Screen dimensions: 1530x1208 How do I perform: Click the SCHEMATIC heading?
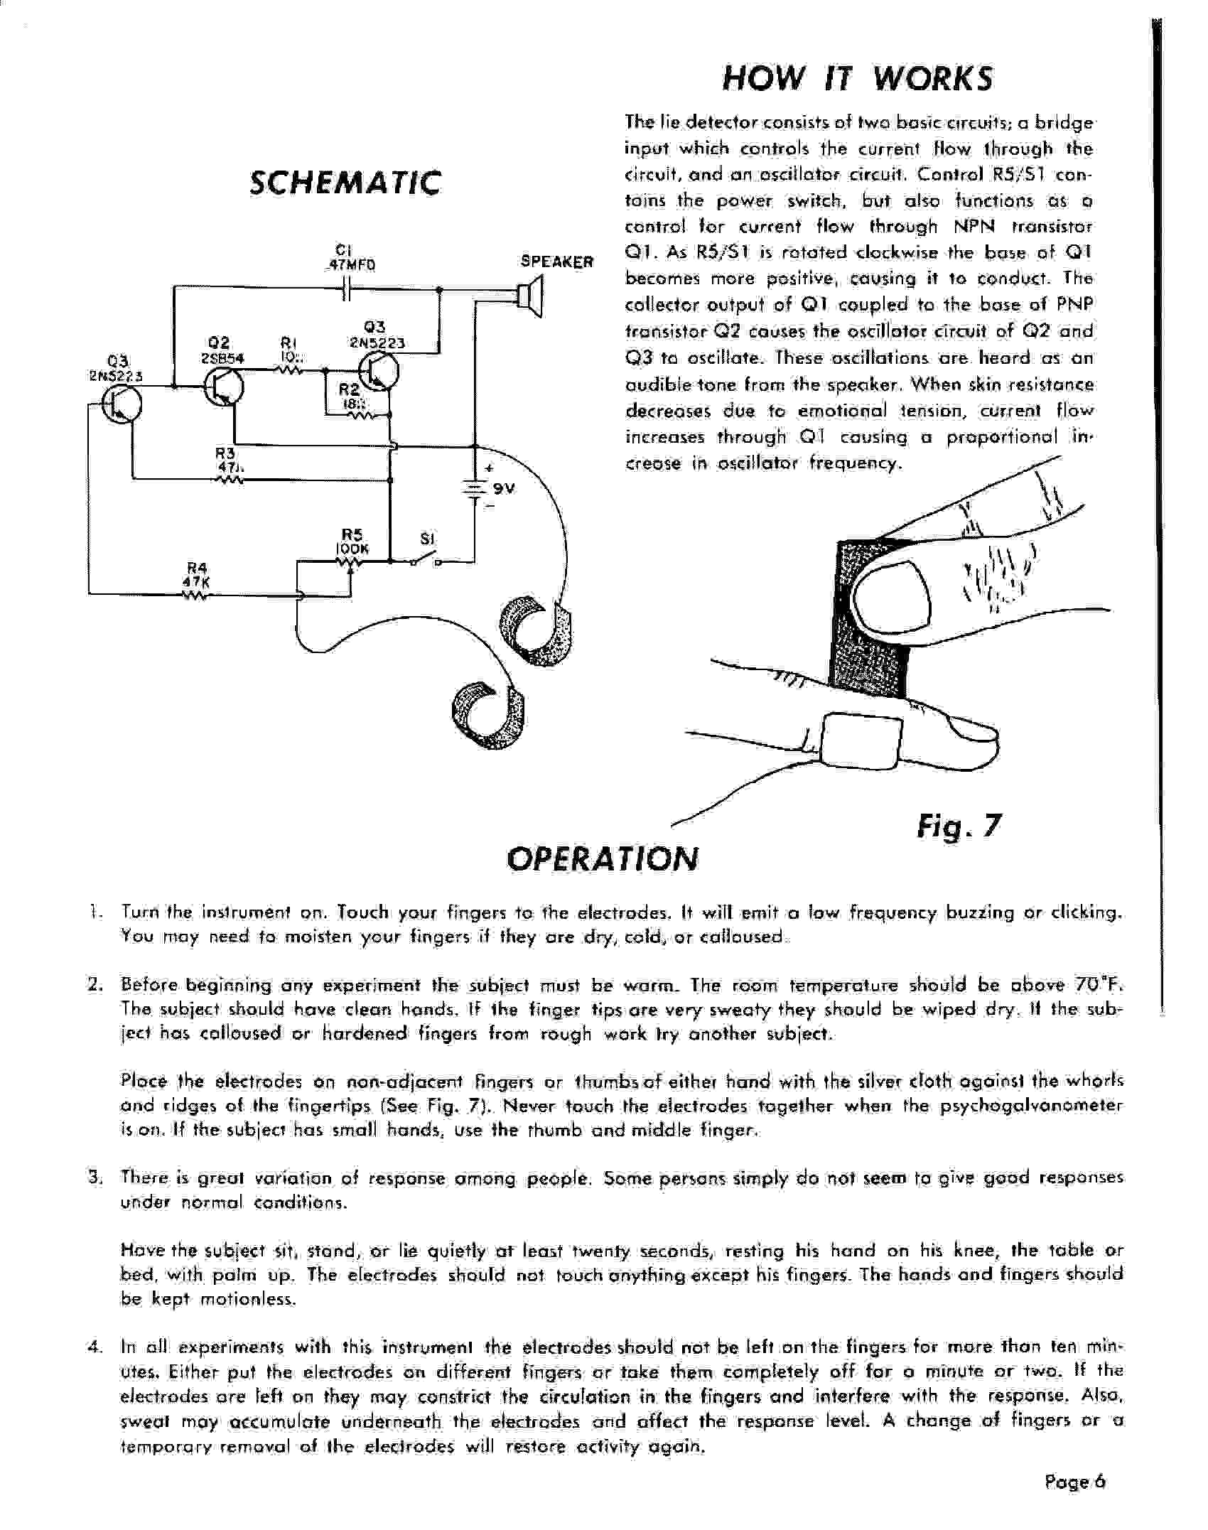point(345,183)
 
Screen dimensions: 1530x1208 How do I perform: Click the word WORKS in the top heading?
point(932,78)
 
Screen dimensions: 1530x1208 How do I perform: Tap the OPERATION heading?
point(602,858)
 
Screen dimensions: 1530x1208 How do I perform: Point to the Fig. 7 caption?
point(959,826)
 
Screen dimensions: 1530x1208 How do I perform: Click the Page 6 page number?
point(1075,1482)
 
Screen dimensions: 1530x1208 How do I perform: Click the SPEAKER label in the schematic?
point(556,262)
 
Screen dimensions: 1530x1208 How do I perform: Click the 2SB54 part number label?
point(222,358)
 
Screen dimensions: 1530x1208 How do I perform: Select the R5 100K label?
point(352,542)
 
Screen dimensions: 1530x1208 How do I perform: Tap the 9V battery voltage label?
point(503,489)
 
